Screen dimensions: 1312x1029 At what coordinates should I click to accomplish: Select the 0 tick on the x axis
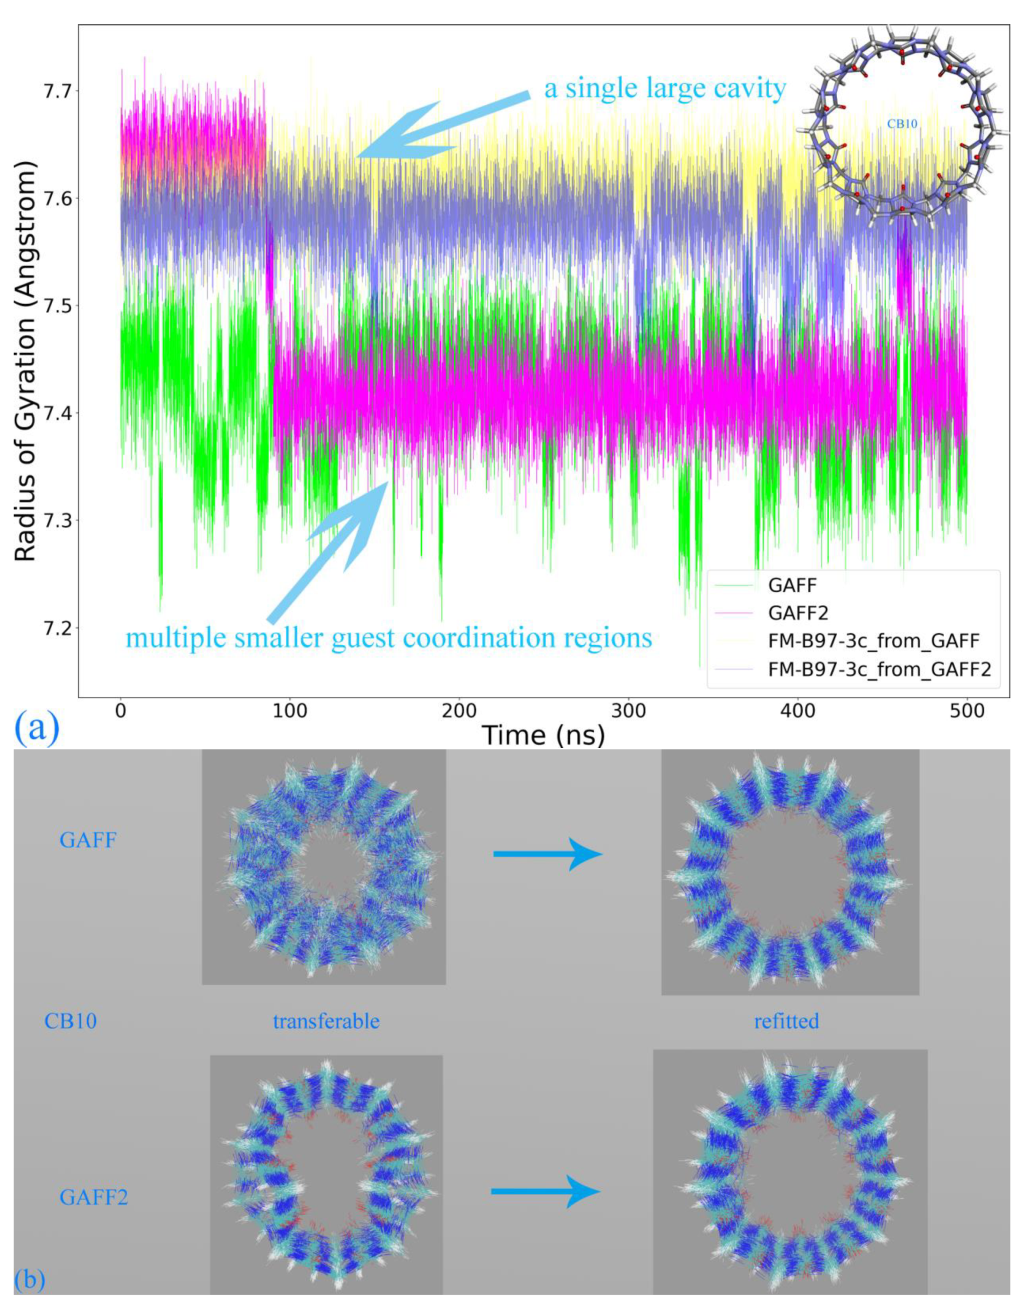coord(121,711)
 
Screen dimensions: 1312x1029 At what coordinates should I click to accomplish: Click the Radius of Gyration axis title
coord(25,361)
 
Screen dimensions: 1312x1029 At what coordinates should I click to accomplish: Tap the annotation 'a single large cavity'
coord(665,88)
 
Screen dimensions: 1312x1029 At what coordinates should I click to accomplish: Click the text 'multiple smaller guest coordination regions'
coord(389,637)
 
